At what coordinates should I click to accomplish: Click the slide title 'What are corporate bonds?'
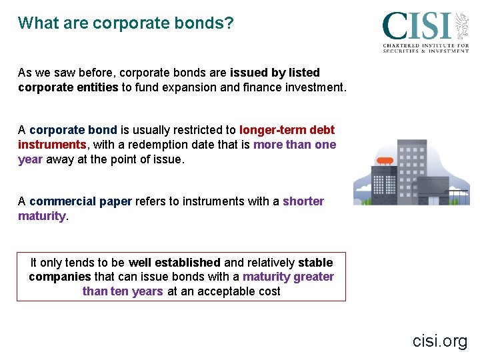(x=126, y=23)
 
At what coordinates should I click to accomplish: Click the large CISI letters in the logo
(x=416, y=27)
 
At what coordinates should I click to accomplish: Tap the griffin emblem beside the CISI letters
(x=461, y=25)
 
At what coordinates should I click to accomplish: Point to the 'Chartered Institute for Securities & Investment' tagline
(x=425, y=48)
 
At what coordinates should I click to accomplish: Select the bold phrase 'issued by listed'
(x=275, y=73)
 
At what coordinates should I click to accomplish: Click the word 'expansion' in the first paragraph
(x=189, y=87)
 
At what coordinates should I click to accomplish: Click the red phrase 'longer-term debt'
(x=287, y=130)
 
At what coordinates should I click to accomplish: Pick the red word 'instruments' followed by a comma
(x=51, y=145)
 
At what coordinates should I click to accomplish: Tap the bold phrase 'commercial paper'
(x=81, y=201)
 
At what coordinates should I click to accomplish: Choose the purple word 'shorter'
(x=303, y=201)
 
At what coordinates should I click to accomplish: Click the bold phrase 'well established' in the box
(x=175, y=263)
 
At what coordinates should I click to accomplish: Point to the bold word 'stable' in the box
(x=315, y=263)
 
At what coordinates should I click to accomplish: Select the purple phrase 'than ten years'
(x=123, y=291)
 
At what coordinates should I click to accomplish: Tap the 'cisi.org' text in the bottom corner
(x=440, y=341)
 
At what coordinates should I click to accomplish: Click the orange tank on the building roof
(x=385, y=161)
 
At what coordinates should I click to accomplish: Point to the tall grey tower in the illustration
(x=411, y=167)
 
